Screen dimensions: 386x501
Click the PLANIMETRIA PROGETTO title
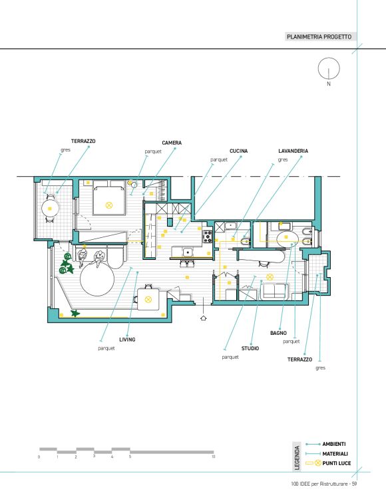pos(319,37)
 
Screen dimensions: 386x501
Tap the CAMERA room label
pos(172,143)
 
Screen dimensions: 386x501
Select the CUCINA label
pos(238,151)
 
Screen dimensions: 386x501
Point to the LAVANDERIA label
pos(293,151)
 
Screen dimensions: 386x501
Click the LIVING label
pos(127,340)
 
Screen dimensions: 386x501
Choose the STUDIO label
pos(250,348)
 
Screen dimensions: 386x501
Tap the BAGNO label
pos(278,333)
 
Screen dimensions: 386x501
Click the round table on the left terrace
pos(51,209)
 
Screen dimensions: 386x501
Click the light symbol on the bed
pos(109,205)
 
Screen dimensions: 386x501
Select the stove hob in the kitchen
pos(208,237)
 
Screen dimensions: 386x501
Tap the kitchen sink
pos(188,252)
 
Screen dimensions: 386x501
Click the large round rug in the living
pos(97,279)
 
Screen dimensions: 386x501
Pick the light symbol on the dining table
pos(148,300)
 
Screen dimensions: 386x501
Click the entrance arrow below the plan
pos(203,318)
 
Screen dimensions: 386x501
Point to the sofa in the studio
pos(274,292)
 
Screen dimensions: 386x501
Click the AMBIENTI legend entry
pos(334,444)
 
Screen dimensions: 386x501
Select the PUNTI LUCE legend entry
pos(336,463)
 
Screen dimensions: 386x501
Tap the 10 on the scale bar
pos(213,456)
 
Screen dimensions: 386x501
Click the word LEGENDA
pos(297,458)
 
